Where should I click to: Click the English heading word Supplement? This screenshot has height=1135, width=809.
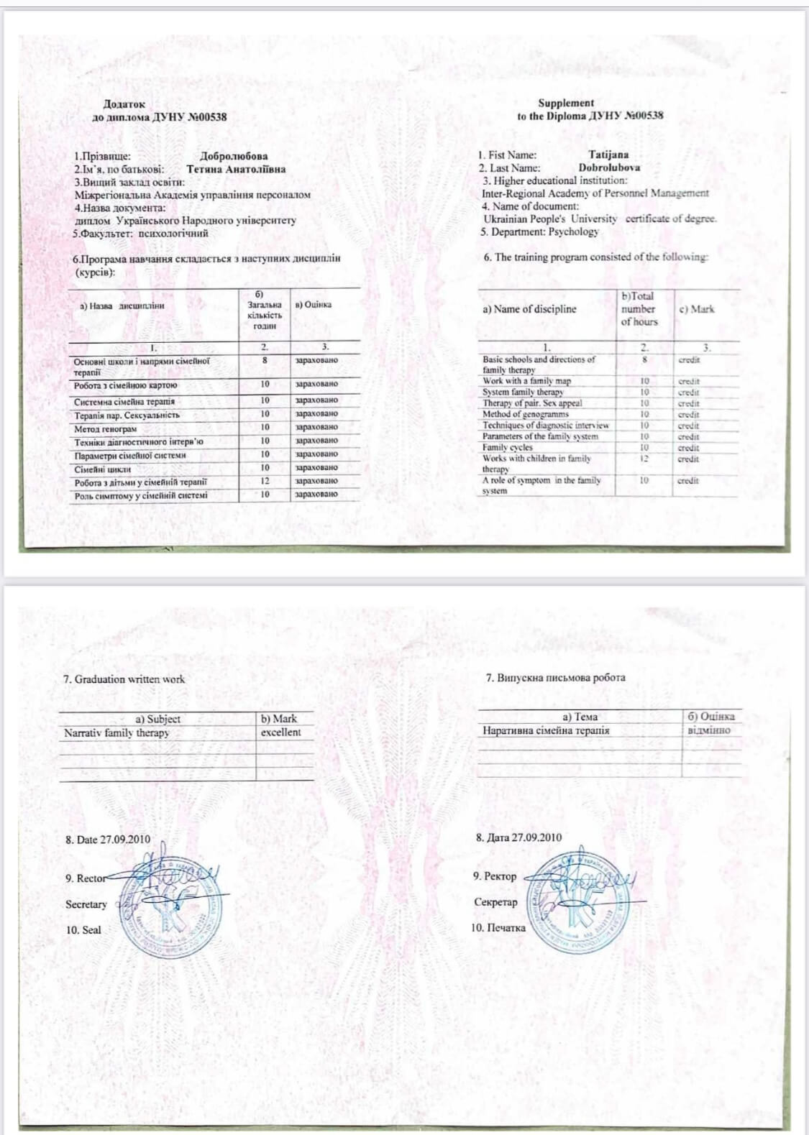coord(566,103)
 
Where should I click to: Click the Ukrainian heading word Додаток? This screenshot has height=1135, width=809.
coord(124,104)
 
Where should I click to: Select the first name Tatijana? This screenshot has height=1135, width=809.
coord(608,155)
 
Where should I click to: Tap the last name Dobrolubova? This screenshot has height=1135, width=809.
coord(609,167)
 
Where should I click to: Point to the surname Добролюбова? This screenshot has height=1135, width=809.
coord(234,156)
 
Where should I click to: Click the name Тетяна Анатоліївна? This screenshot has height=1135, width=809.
coord(236,170)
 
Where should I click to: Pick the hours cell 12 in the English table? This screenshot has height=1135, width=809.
coord(644,459)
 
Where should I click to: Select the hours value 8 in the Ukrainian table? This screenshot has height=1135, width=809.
coord(265,360)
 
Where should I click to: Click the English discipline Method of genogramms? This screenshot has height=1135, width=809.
coord(525,414)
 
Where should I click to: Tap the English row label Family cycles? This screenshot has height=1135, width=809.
coord(508,447)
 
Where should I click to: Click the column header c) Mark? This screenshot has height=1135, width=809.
coord(697,309)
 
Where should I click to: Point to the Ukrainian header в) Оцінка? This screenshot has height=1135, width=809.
coord(314,305)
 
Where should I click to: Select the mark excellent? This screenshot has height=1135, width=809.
coord(280,732)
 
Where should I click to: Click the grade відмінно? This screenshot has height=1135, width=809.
coord(709,730)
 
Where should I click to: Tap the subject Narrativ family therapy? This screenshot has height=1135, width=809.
coord(116,733)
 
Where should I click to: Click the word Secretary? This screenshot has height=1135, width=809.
coord(86,904)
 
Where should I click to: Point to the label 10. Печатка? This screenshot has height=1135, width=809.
coord(498,928)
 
